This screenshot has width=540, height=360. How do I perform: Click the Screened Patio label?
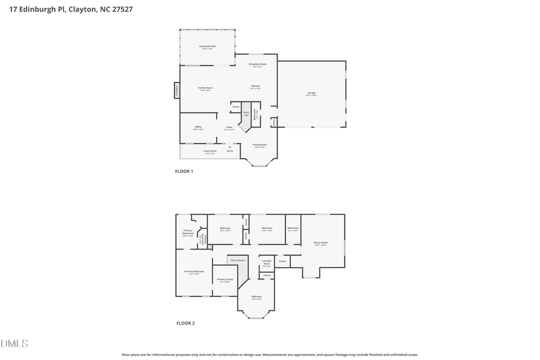[x=207, y=47]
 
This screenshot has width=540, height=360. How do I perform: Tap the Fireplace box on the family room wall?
[x=177, y=91]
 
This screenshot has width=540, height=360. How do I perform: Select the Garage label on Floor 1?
[x=311, y=94]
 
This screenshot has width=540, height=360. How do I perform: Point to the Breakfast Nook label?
[x=258, y=65]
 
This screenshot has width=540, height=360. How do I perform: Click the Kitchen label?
[x=256, y=87]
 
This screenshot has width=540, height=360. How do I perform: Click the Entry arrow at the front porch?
[x=230, y=148]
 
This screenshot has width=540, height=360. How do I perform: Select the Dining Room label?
[x=260, y=145]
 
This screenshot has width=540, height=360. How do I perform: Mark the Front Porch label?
[x=210, y=151]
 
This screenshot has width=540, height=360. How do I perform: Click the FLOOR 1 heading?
[x=184, y=171]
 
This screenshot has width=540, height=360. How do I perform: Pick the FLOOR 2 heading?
[x=185, y=323]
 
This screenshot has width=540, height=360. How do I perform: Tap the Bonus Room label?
[x=322, y=244]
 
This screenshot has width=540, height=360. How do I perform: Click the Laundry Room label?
[x=266, y=262]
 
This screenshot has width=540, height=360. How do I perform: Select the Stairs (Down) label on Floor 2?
[x=238, y=260]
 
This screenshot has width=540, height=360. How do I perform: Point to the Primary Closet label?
[x=224, y=280]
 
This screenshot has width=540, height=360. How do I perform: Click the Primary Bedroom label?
[x=194, y=272]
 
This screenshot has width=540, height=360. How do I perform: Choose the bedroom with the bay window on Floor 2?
[x=257, y=298]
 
